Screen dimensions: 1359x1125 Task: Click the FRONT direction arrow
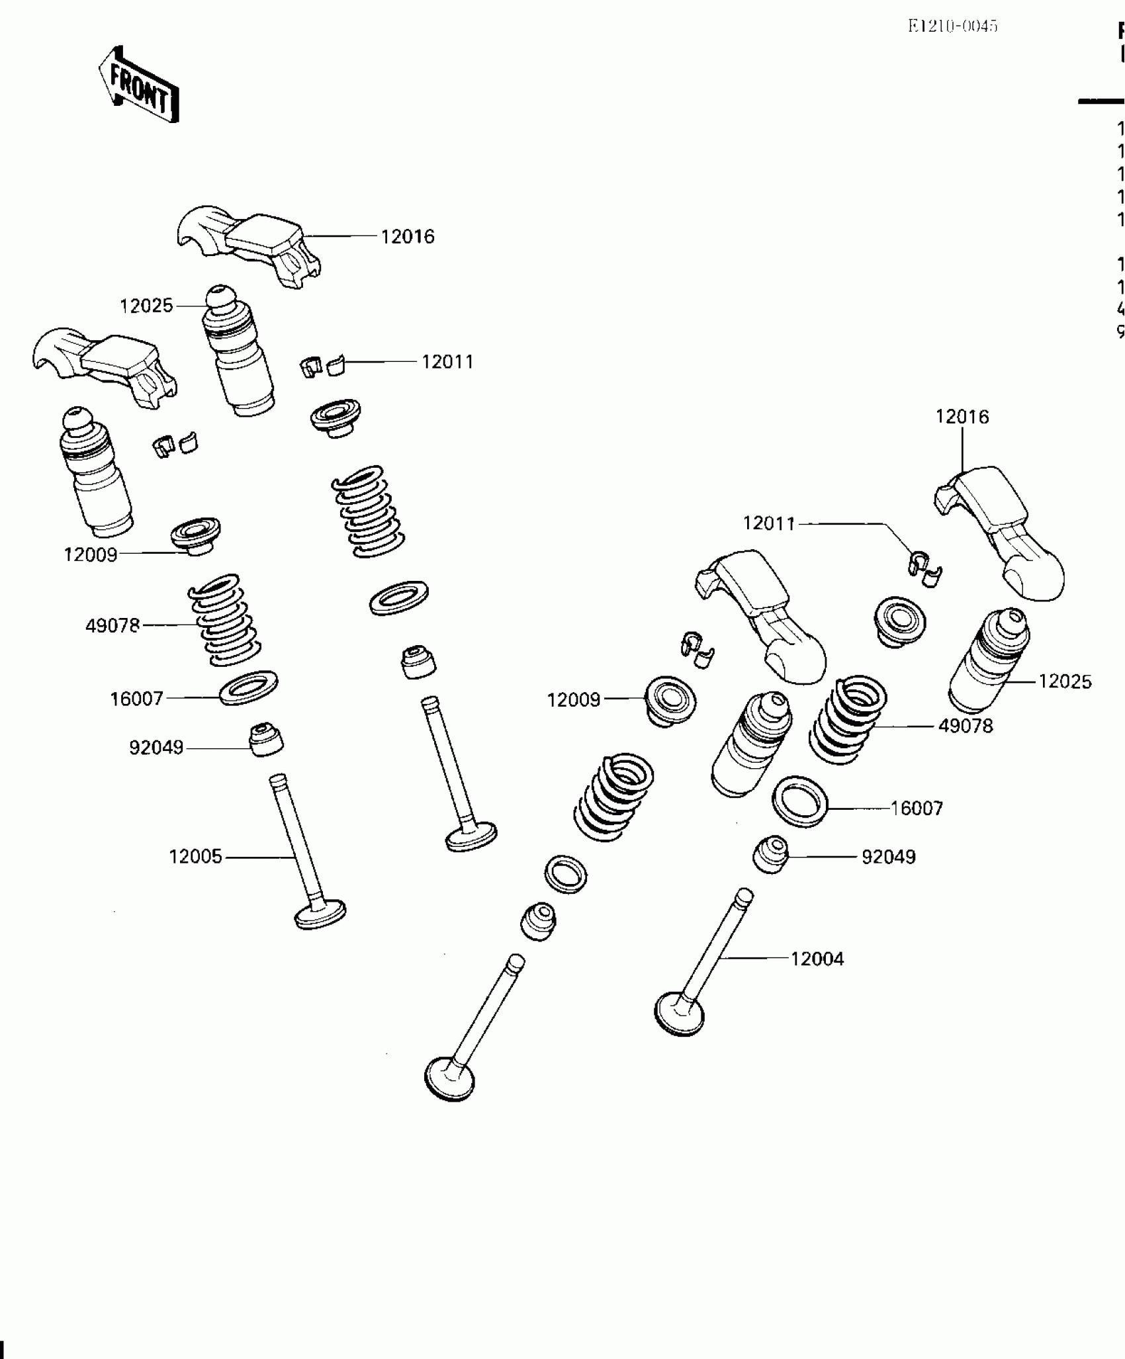139,85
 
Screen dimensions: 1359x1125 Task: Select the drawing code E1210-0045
952,26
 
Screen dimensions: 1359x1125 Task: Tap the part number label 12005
195,857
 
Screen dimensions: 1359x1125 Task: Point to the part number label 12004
817,959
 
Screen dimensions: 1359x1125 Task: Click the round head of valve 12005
320,914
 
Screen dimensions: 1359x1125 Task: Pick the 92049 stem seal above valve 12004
770,855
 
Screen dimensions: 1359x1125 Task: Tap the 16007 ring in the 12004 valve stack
800,801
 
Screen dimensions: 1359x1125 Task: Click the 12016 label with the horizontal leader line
407,237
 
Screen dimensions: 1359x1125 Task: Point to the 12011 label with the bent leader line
769,523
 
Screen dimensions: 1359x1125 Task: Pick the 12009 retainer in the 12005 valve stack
195,537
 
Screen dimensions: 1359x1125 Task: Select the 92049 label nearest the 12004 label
888,857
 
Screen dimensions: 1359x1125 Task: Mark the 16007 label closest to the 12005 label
136,699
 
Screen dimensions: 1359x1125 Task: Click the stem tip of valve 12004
744,897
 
